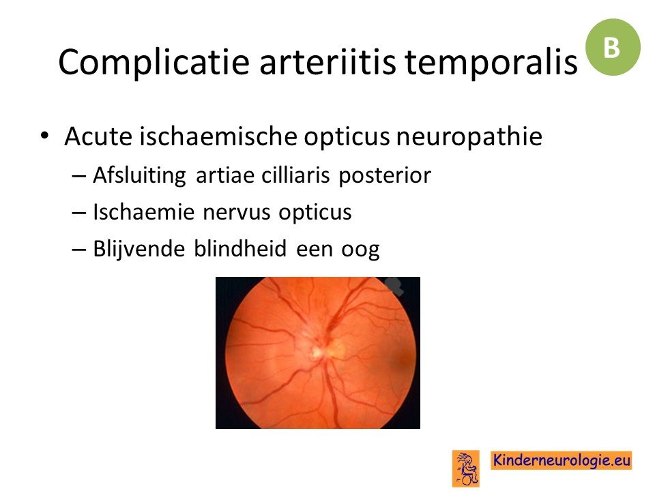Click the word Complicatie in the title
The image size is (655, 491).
(x=154, y=63)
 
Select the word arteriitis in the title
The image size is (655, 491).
(x=327, y=62)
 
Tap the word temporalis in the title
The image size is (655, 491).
(x=491, y=63)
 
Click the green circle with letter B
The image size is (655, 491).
(x=613, y=47)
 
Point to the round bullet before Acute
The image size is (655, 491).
(x=45, y=136)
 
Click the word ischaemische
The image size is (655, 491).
(x=218, y=136)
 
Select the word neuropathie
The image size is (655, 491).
(x=469, y=137)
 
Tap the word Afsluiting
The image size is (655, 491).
(x=139, y=175)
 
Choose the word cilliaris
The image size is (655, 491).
(x=295, y=175)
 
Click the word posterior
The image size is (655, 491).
(x=385, y=176)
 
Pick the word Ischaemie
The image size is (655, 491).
(x=144, y=211)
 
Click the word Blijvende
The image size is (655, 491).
(x=139, y=250)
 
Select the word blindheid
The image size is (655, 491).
(x=240, y=249)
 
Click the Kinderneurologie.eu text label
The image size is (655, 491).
(x=562, y=460)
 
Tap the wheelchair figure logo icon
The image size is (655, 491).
(x=466, y=468)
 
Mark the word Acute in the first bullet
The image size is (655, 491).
(x=98, y=136)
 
